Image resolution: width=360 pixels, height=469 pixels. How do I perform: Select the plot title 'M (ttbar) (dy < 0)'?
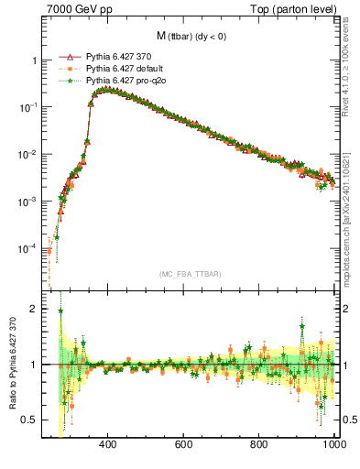tap(191, 36)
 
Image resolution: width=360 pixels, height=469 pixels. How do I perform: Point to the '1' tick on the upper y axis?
tap(34, 60)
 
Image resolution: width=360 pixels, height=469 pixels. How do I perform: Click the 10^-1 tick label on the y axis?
tap(29, 107)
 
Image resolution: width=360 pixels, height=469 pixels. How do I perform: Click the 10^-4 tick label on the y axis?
tap(29, 248)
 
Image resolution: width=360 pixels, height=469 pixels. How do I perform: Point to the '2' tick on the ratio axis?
tap(34, 309)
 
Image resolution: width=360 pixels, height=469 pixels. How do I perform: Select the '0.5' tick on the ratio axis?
tap(30, 420)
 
